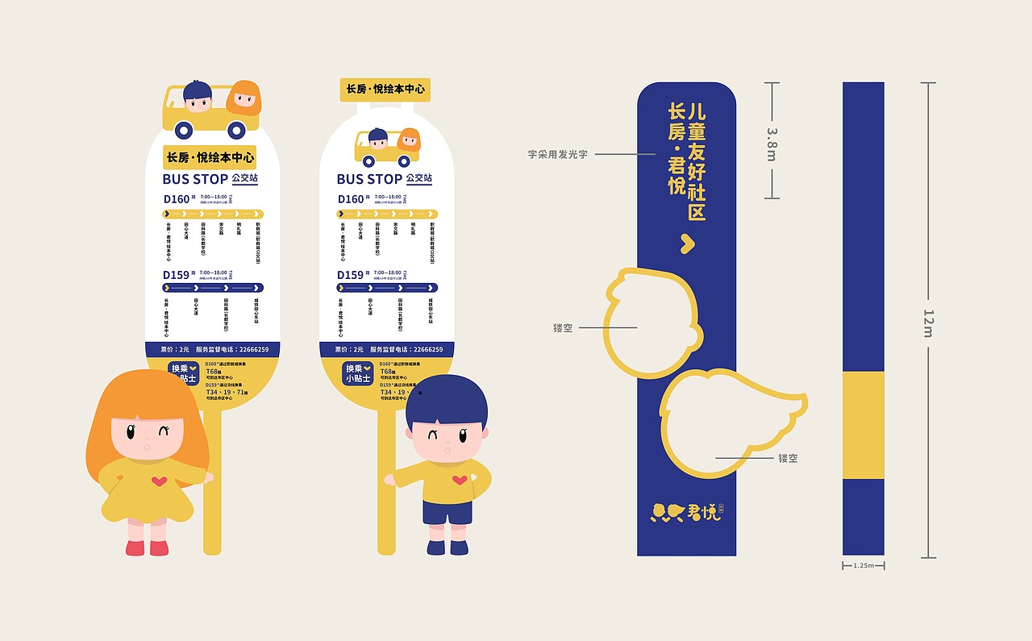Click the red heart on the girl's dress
(x=160, y=481)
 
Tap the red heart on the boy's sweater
(x=459, y=480)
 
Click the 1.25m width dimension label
(x=863, y=566)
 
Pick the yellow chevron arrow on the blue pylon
(x=687, y=243)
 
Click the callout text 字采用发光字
(x=558, y=154)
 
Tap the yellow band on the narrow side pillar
(x=863, y=425)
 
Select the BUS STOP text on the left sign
(x=195, y=179)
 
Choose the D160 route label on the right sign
(x=350, y=199)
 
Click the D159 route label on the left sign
(x=176, y=275)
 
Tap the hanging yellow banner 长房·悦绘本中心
(x=385, y=89)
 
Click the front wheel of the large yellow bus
(x=185, y=129)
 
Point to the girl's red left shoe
(x=135, y=547)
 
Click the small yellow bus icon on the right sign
(x=388, y=148)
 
